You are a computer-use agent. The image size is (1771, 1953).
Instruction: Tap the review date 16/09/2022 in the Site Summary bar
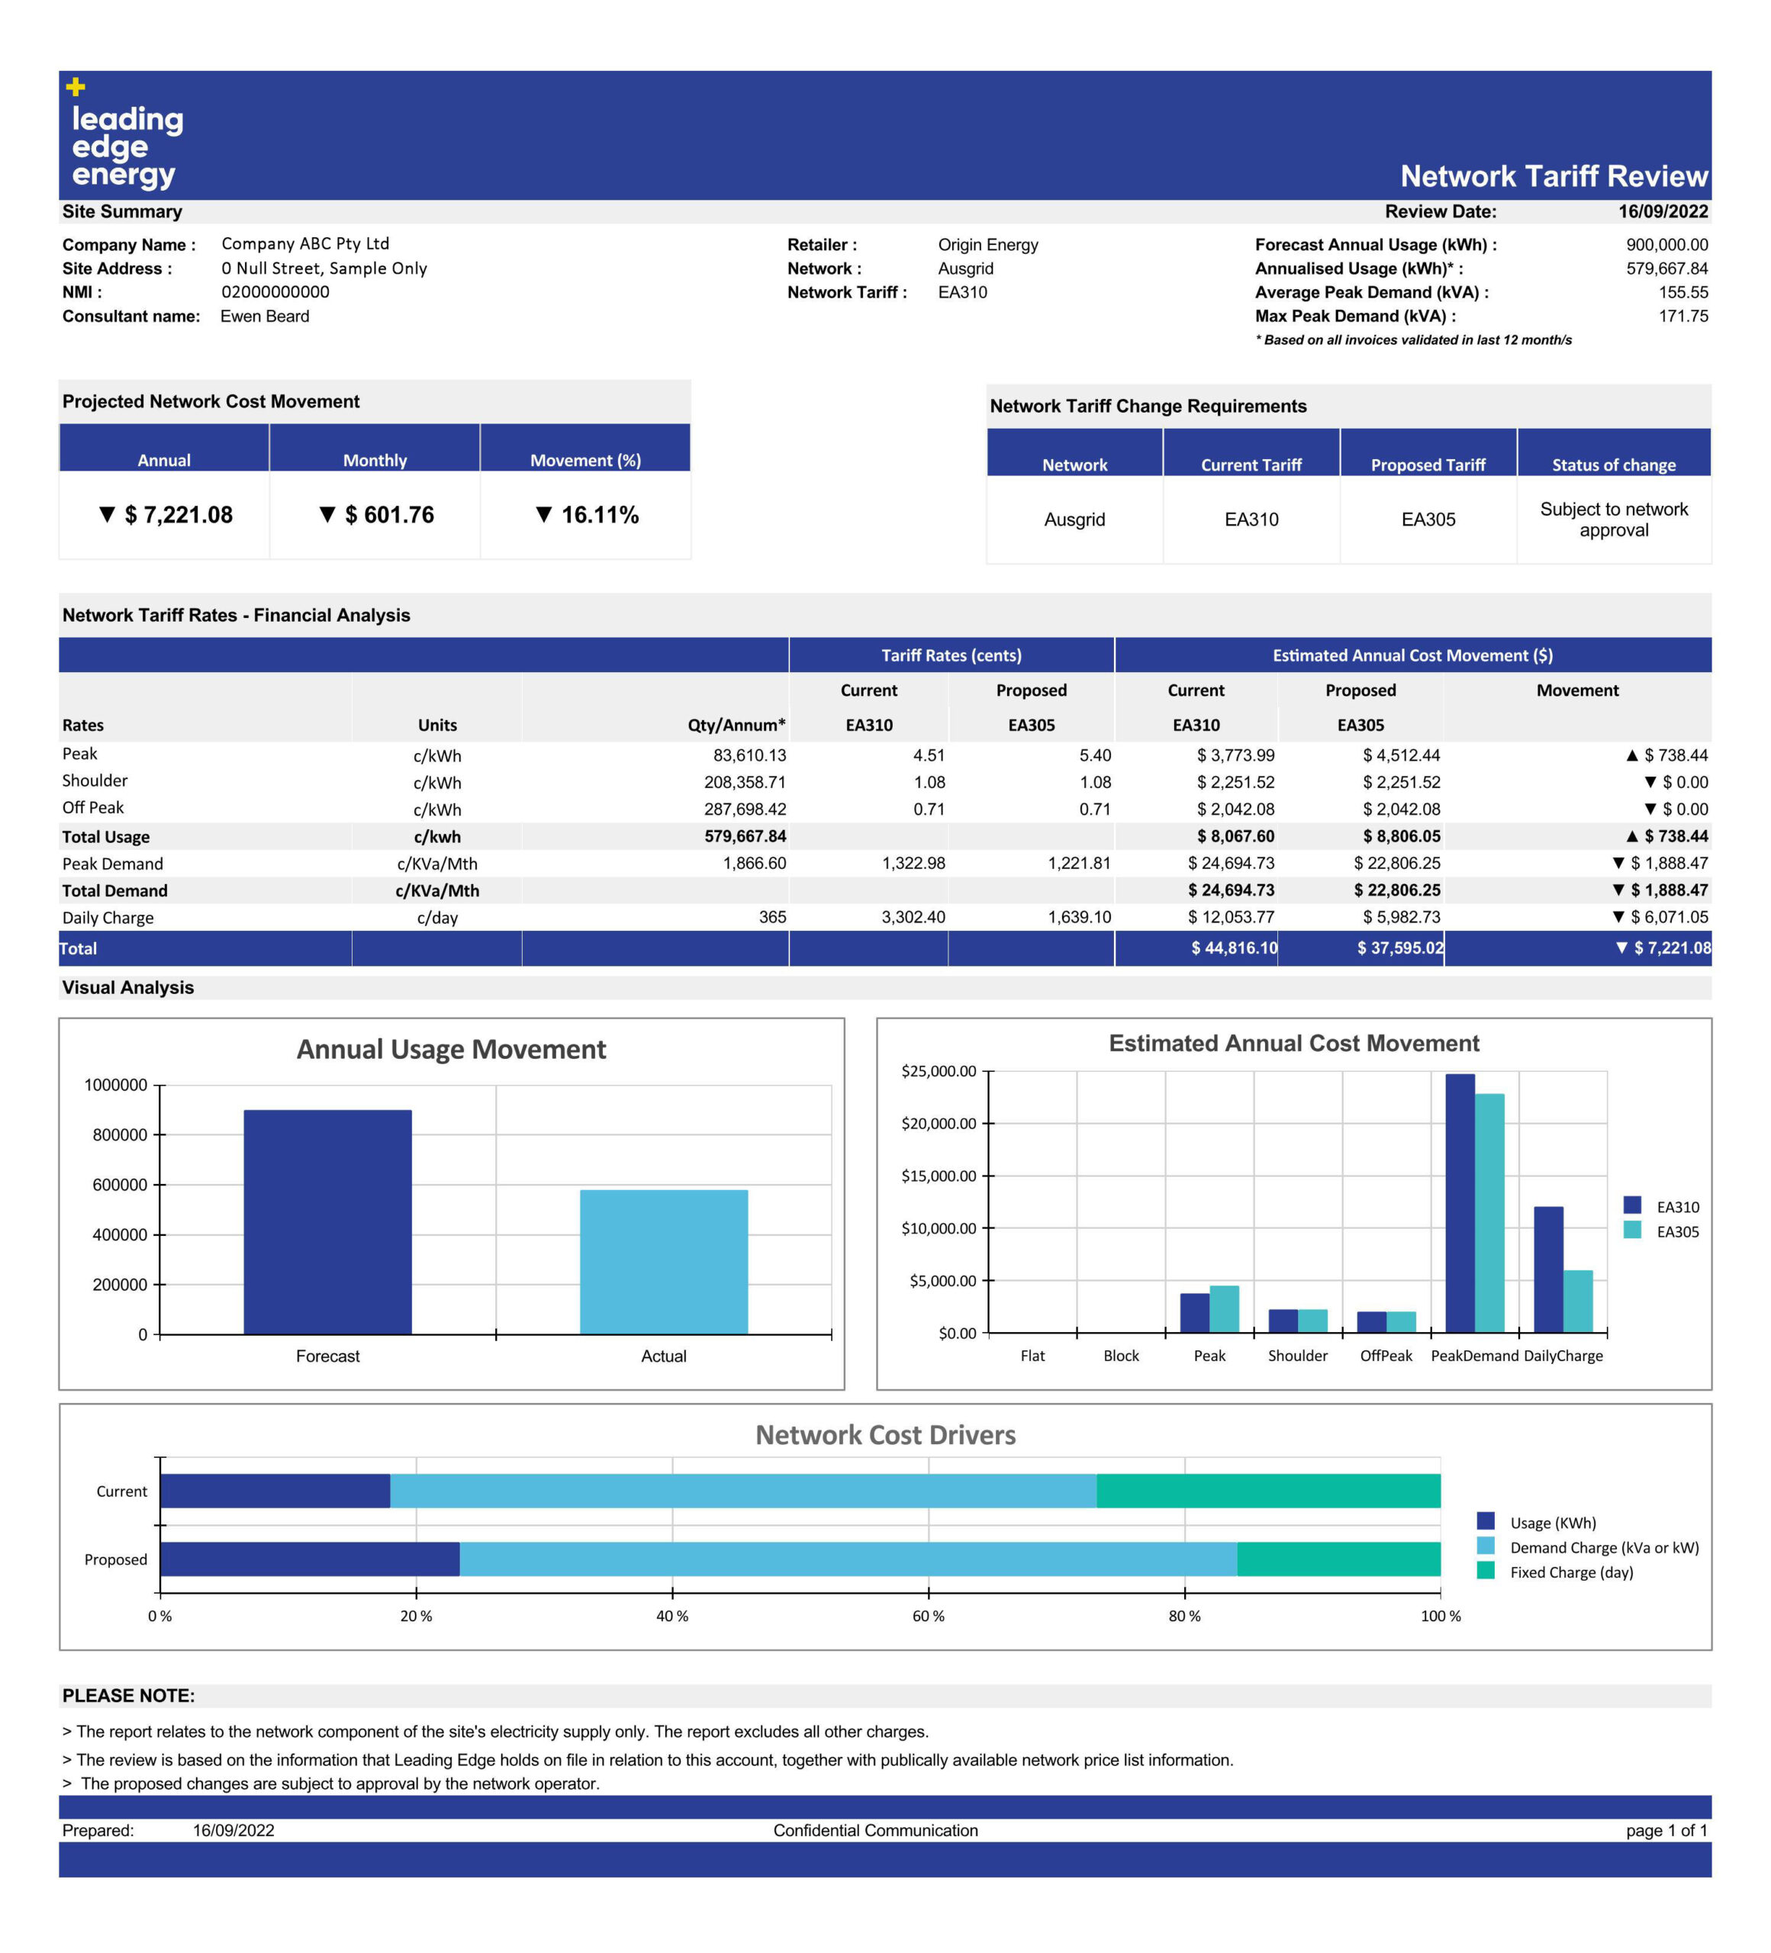coord(1663,211)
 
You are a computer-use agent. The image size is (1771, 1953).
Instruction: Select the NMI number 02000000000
coord(275,291)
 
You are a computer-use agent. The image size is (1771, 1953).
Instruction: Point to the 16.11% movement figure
coord(587,514)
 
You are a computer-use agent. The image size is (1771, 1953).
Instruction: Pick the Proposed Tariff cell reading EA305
coord(1428,520)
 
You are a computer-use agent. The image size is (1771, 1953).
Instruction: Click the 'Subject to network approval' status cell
coord(1613,520)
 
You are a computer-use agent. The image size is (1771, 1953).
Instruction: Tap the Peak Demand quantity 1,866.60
coord(754,862)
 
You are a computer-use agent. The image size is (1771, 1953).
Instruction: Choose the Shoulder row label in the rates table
coord(95,780)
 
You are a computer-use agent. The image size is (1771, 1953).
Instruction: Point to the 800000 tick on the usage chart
coord(120,1134)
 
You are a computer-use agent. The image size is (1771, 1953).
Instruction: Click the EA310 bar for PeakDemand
coord(1459,1203)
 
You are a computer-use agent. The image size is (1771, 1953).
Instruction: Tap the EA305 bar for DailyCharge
coord(1577,1301)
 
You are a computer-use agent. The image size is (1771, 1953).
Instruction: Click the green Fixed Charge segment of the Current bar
coord(1268,1491)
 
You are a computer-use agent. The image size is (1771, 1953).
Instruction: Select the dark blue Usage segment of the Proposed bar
coord(310,1559)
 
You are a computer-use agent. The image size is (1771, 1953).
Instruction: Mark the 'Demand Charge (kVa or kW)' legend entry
coord(1588,1547)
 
